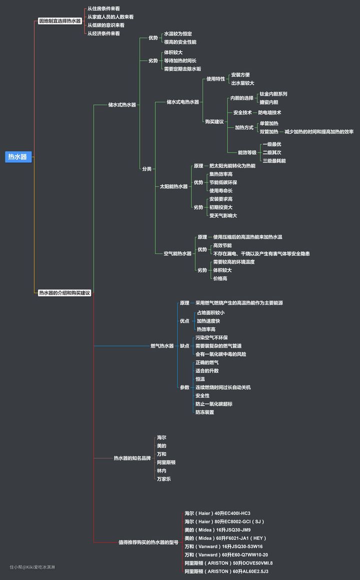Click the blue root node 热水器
tap(18, 157)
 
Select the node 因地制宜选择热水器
tap(59, 21)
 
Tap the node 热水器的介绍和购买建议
tap(64, 292)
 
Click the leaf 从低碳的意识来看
tap(106, 25)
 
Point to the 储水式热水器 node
tap(122, 104)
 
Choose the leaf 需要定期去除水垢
tap(182, 69)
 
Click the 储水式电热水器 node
tap(182, 102)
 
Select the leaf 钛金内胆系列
tap(273, 94)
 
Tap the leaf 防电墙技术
tap(269, 113)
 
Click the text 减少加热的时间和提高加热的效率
tap(318, 132)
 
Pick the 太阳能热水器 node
tap(173, 186)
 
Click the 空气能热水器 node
tap(177, 253)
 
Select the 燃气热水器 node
tap(162, 345)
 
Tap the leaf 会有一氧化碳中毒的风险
tap(220, 354)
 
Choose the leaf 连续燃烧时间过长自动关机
tap(223, 387)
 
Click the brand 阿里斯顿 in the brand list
tap(166, 462)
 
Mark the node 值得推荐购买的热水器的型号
tap(148, 542)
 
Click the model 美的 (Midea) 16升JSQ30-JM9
tap(217, 529)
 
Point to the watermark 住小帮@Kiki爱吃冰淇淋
tap(32, 567)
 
